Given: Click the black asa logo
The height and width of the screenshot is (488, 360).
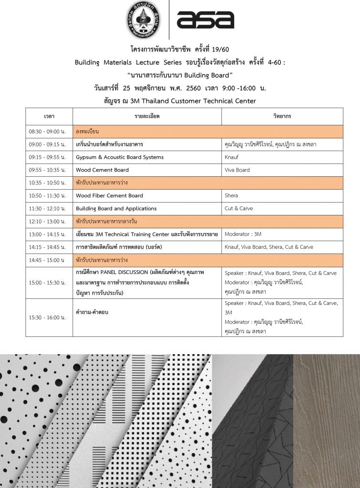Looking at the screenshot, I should click(205, 20).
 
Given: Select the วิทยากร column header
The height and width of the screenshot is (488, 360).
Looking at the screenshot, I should click(282, 116).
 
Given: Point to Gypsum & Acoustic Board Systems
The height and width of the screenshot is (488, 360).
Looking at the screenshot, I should click(120, 157).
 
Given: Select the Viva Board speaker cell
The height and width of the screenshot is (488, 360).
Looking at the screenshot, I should click(237, 170).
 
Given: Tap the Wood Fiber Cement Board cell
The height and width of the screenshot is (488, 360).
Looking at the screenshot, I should click(109, 195).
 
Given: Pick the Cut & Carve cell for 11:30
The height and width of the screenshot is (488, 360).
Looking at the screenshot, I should click(239, 208).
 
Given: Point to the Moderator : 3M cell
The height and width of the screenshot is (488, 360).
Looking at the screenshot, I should click(243, 234).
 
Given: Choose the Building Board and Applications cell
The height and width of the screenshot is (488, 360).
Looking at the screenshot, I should click(116, 208).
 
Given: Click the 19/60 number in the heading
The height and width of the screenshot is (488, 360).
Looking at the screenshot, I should click(221, 50).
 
